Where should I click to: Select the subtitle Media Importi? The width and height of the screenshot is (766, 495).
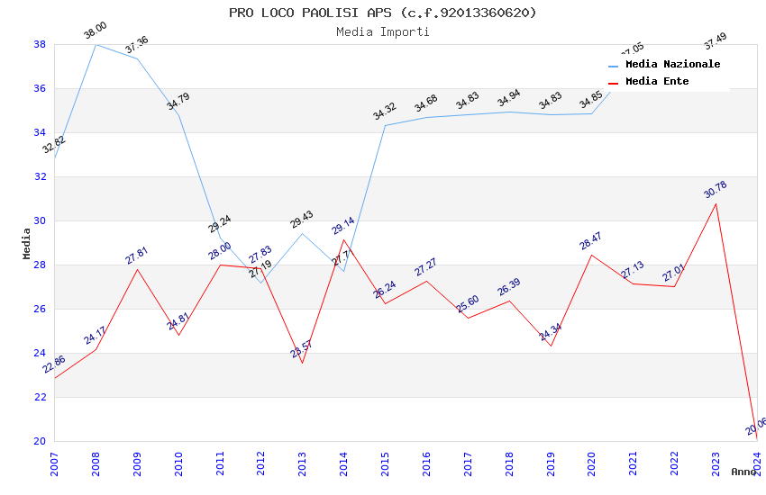pos(382,31)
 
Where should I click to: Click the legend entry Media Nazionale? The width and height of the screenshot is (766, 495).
pos(672,65)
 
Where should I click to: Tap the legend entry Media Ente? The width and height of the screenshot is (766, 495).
pos(657,82)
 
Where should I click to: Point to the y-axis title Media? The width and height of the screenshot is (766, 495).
pos(27,243)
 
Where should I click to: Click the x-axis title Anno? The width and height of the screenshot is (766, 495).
pos(743,472)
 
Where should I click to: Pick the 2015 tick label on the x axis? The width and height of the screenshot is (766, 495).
pos(385,463)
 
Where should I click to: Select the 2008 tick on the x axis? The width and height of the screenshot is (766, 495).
pos(96,463)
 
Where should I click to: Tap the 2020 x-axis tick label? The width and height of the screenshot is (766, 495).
pos(591,463)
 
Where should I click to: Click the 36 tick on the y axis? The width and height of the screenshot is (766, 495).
pos(40,88)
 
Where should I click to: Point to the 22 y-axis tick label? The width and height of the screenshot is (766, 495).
pos(40,397)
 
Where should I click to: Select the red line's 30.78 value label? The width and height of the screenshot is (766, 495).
pos(715,190)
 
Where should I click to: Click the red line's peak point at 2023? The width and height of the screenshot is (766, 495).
pos(716,203)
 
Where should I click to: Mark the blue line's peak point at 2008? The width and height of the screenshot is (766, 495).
pos(96,44)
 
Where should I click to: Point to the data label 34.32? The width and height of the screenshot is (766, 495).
pos(384,112)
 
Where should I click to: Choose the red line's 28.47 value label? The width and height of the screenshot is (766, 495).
pos(590,241)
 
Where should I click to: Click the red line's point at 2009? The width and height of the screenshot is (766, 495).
pos(137,269)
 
